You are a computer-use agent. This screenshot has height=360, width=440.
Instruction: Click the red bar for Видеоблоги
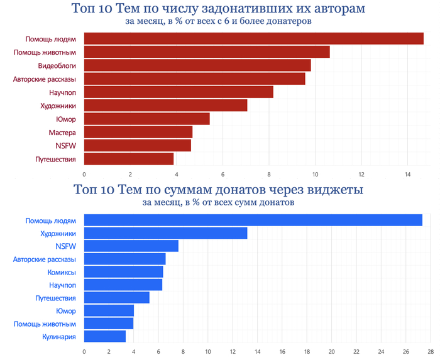pyautogui.click(x=197, y=65)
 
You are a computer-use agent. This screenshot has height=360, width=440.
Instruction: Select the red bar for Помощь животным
pyautogui.click(x=207, y=52)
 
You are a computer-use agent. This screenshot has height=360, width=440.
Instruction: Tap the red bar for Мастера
pyautogui.click(x=138, y=133)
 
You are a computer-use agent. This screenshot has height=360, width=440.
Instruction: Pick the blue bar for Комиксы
pyautogui.click(x=124, y=272)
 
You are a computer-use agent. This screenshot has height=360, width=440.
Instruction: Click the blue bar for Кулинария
pyautogui.click(x=105, y=337)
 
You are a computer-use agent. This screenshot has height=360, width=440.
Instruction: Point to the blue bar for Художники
pyautogui.click(x=165, y=234)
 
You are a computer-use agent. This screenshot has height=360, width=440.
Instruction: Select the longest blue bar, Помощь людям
pyautogui.click(x=253, y=221)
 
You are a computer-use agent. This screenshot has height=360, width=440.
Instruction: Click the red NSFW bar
pyautogui.click(x=138, y=146)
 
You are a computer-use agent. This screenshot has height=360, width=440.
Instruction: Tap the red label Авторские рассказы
pyautogui.click(x=45, y=79)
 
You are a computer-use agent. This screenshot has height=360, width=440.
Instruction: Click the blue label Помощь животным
pyautogui.click(x=45, y=324)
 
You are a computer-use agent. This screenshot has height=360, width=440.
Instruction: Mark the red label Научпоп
pyautogui.click(x=63, y=92)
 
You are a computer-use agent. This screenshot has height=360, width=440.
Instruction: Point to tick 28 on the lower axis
pyautogui.click(x=431, y=352)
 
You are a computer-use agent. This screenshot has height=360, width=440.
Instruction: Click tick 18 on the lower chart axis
pyautogui.click(x=307, y=352)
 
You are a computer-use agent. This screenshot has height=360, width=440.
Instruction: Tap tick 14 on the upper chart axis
pyautogui.click(x=407, y=173)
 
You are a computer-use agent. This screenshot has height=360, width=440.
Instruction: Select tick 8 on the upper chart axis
pyautogui.click(x=269, y=173)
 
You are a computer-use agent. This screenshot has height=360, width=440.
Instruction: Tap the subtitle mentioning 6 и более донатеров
pyautogui.click(x=218, y=21)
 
